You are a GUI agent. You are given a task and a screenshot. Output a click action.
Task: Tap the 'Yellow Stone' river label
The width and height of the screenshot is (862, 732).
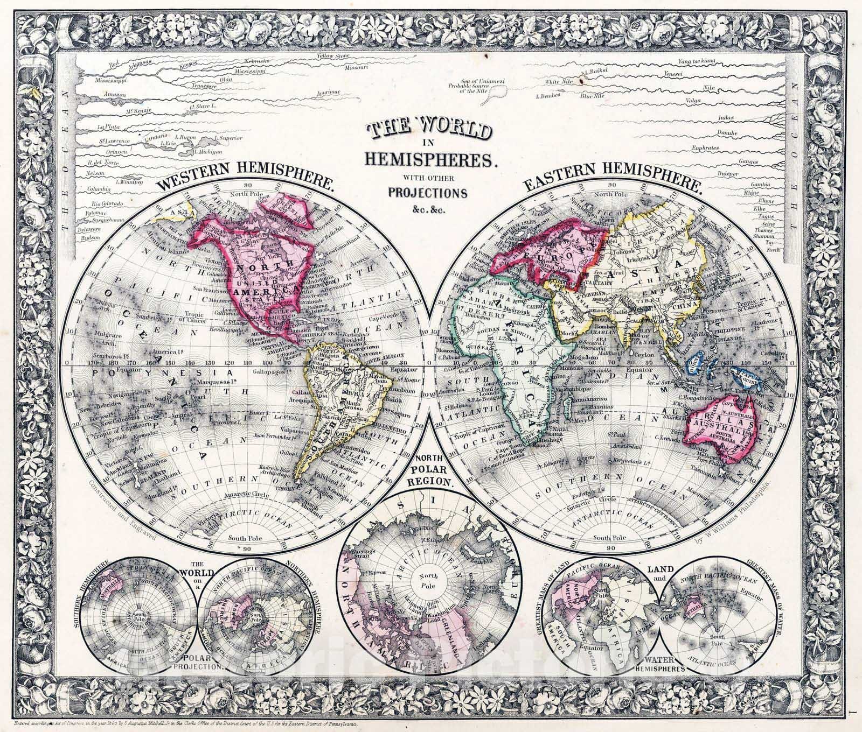point(335,55)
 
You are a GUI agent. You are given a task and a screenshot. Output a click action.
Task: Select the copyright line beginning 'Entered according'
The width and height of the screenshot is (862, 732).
point(189,723)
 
